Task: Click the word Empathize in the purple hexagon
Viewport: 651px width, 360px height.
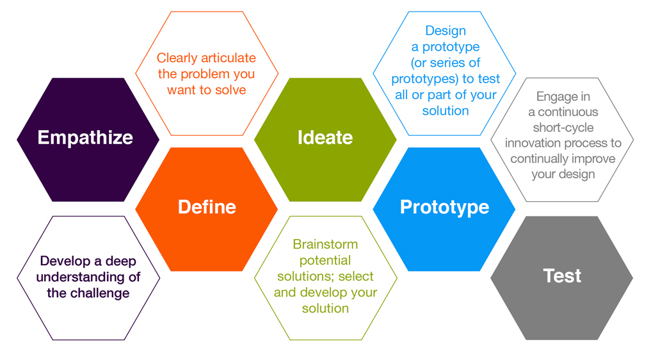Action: [85, 138]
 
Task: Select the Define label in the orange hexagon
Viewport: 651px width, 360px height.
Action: [207, 207]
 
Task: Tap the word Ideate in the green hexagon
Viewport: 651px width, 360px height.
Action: [325, 138]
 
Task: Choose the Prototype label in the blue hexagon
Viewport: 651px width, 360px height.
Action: [444, 207]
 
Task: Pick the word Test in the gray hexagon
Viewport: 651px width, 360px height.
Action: [562, 275]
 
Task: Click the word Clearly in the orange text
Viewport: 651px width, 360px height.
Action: [179, 58]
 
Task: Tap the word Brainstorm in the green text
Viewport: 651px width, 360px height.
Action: [325, 245]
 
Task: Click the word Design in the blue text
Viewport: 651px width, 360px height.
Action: [446, 31]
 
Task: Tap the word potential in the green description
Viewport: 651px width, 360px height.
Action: [325, 261]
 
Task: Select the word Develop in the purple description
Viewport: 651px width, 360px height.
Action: [63, 261]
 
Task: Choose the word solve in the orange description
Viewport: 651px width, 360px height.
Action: [231, 90]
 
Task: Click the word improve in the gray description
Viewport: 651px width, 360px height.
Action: [597, 159]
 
